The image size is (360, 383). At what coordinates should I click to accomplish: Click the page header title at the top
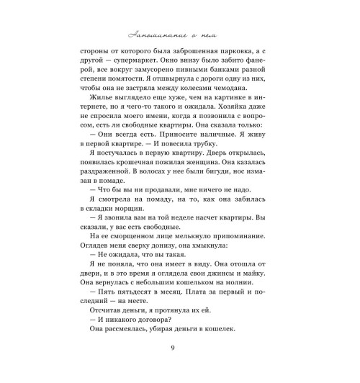point(179,35)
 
